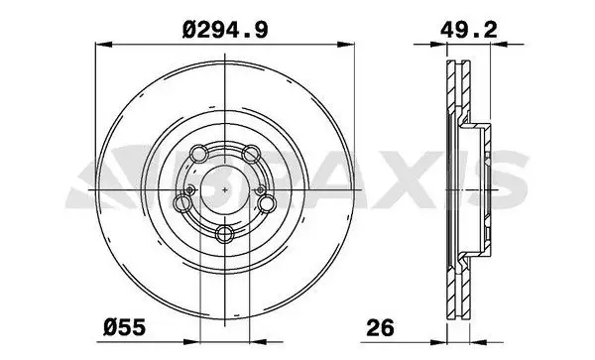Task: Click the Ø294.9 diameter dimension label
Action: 225,30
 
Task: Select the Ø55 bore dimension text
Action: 125,327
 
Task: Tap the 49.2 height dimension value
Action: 469,29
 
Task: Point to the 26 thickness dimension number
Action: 380,327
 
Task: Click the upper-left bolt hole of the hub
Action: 199,154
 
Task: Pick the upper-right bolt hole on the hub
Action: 251,154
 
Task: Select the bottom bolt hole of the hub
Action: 225,234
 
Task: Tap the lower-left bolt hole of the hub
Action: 182,203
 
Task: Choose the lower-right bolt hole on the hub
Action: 267,203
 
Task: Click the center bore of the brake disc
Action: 225,189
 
